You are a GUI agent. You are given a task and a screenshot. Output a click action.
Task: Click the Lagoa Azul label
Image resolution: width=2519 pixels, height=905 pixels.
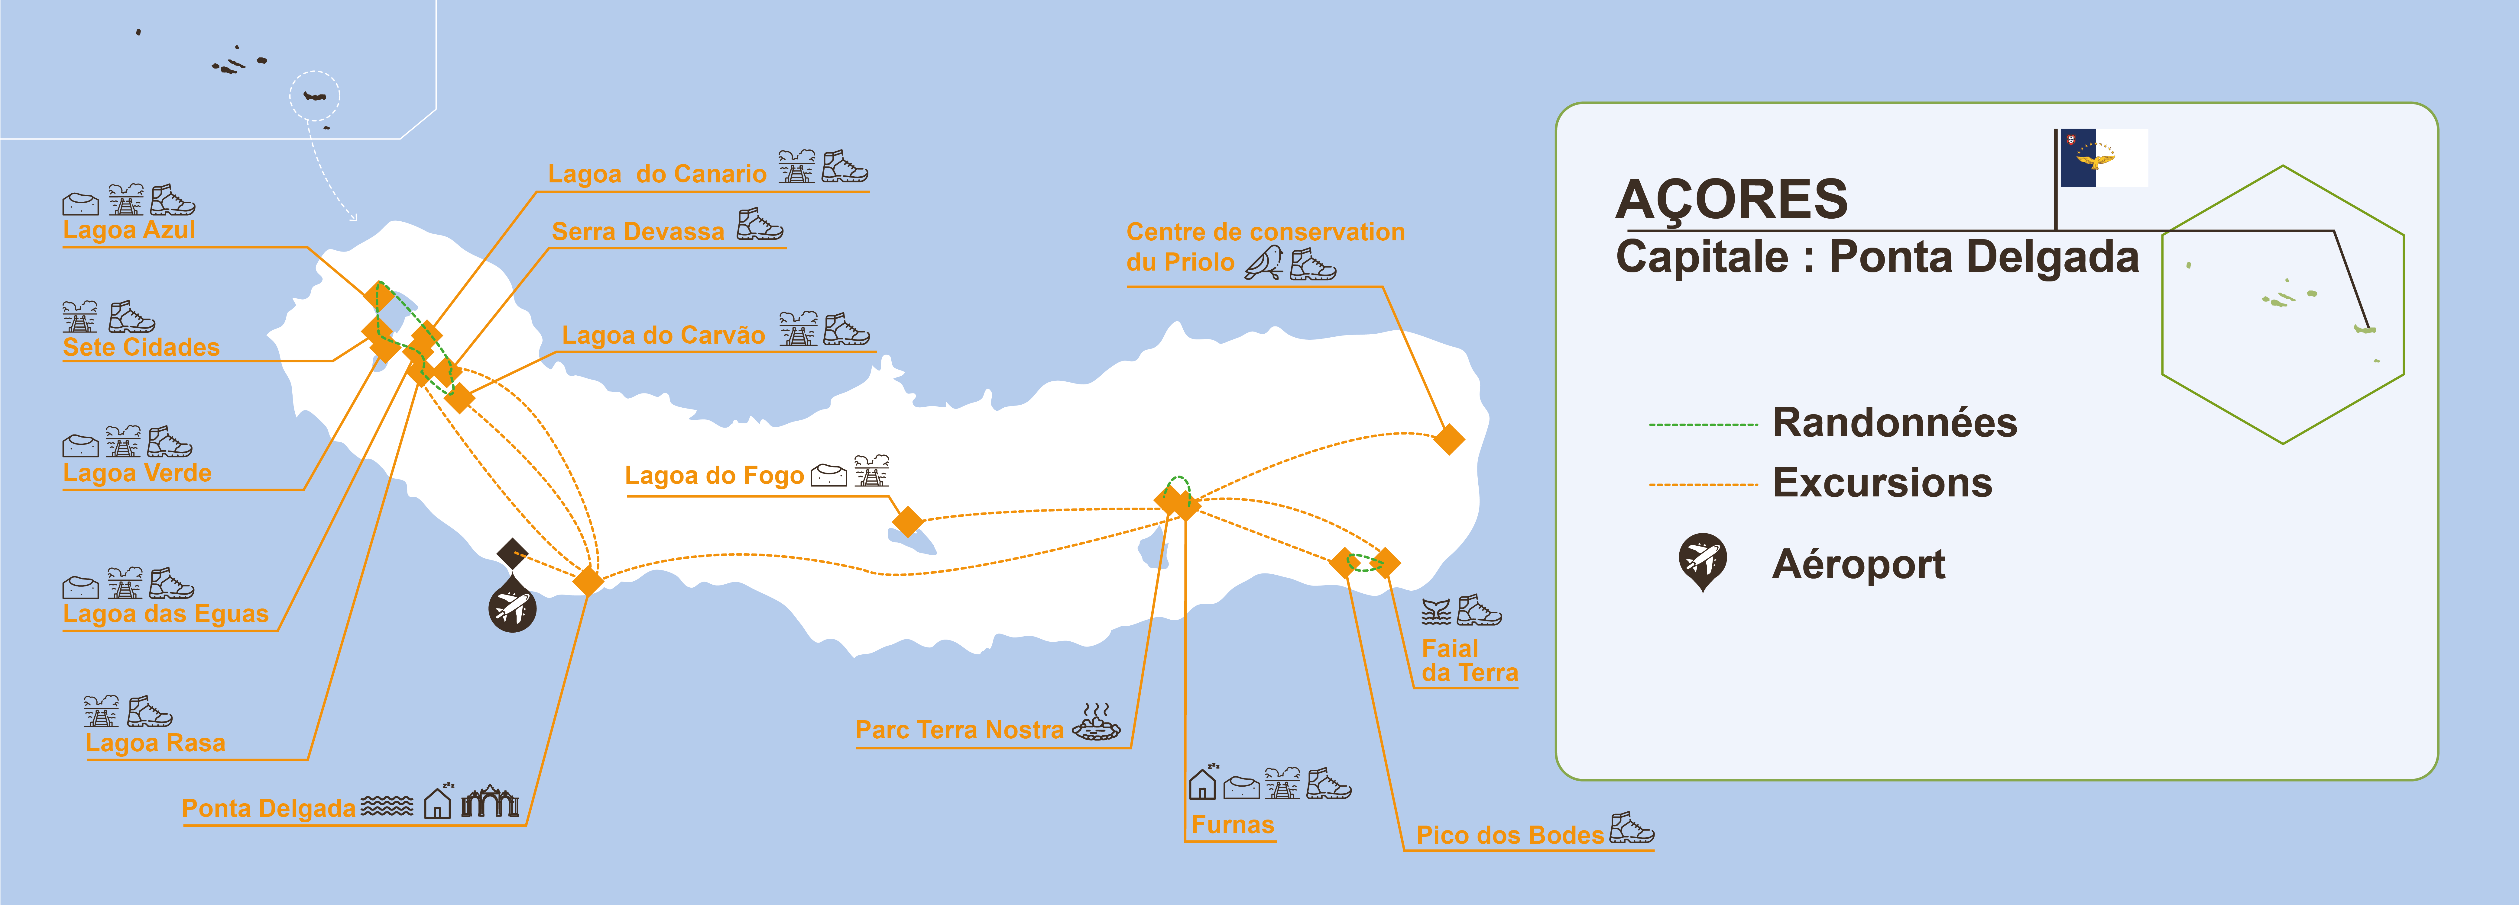129,230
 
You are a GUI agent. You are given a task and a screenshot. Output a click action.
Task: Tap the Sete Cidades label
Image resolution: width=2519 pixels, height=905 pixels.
141,347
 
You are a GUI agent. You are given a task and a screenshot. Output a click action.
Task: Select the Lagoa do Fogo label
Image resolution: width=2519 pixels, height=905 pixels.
714,476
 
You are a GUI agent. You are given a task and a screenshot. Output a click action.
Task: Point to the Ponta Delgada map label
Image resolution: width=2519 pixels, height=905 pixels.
269,808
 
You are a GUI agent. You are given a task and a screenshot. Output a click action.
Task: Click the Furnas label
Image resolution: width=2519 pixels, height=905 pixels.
1232,825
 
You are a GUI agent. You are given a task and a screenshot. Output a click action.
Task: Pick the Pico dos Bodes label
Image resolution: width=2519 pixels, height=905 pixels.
1510,835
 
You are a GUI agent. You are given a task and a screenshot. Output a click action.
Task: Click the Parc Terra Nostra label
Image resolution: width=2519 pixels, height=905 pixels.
959,730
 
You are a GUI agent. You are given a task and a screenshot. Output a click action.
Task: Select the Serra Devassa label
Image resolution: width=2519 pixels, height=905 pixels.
637,232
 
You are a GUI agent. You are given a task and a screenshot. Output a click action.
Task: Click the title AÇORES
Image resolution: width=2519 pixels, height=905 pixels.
1731,199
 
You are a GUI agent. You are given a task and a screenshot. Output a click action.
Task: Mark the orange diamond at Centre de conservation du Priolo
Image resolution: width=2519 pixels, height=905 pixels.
1448,439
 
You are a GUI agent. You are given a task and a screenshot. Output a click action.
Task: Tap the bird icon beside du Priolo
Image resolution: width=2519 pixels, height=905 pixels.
1263,263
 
